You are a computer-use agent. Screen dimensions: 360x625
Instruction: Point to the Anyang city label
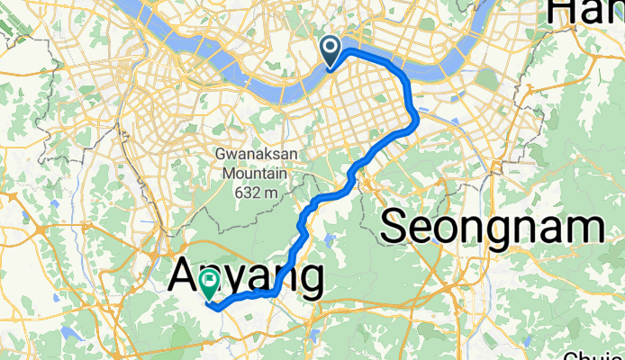coord(245,279)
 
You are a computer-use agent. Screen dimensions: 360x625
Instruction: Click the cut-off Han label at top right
coord(585,11)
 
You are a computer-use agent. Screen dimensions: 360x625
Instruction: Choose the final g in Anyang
coord(308,283)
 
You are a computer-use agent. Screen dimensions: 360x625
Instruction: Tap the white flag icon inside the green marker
coord(209,281)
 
